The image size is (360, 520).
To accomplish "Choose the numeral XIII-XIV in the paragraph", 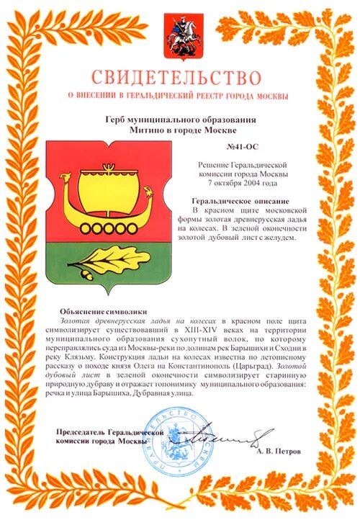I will tap(190, 328).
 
